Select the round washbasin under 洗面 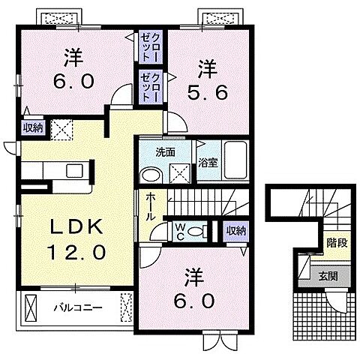[x=151, y=174]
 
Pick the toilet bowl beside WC [x=196, y=231]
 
